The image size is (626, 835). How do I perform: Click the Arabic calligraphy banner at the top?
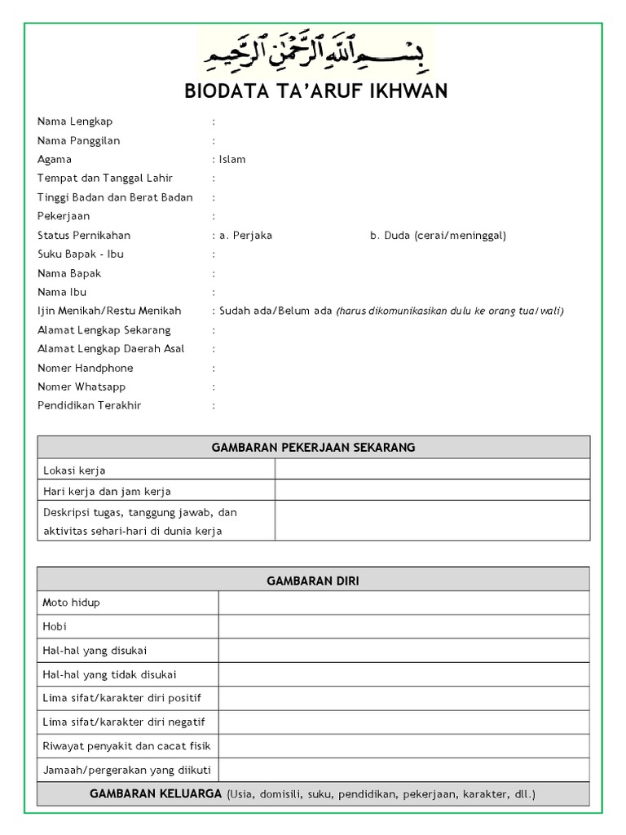click(x=317, y=51)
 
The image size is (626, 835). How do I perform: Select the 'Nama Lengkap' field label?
click(x=75, y=121)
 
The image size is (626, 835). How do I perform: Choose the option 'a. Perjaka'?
click(x=245, y=236)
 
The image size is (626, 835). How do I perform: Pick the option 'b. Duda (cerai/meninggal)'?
click(x=438, y=236)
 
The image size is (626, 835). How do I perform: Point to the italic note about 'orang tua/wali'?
click(x=450, y=311)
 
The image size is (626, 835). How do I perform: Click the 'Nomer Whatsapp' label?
click(x=82, y=387)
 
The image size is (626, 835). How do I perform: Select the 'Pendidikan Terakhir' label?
click(x=89, y=405)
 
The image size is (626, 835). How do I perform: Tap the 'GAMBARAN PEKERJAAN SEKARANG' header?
click(x=314, y=447)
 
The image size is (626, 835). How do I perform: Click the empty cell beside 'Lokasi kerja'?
click(x=432, y=470)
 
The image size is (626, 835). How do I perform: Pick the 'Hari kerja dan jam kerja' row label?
click(x=107, y=491)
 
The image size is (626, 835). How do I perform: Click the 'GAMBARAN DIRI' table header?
click(x=314, y=581)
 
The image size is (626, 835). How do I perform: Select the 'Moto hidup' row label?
click(x=71, y=603)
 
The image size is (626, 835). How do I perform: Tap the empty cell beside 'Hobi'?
click(x=403, y=626)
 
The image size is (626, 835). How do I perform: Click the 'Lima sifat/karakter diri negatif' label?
click(x=123, y=722)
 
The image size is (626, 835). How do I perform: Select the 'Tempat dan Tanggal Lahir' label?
click(x=105, y=179)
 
